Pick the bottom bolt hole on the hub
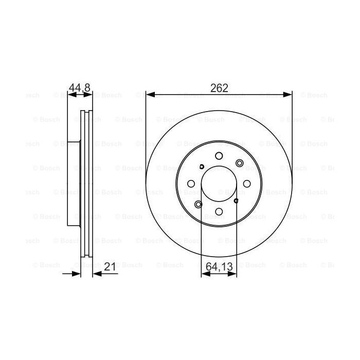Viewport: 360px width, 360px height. (219, 211)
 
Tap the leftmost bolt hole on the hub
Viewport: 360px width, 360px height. (191, 184)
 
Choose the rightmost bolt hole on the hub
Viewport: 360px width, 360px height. (246, 184)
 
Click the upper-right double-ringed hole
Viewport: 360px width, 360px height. (239, 163)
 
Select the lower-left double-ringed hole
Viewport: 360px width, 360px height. (199, 204)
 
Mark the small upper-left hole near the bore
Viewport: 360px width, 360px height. (202, 166)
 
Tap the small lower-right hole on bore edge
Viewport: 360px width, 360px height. (236, 201)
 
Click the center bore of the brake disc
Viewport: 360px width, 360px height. (219, 184)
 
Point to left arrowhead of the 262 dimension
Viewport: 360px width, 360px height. (149, 94)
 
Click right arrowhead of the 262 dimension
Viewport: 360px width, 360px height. (289, 94)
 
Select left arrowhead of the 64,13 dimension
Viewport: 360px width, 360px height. (204, 274)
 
